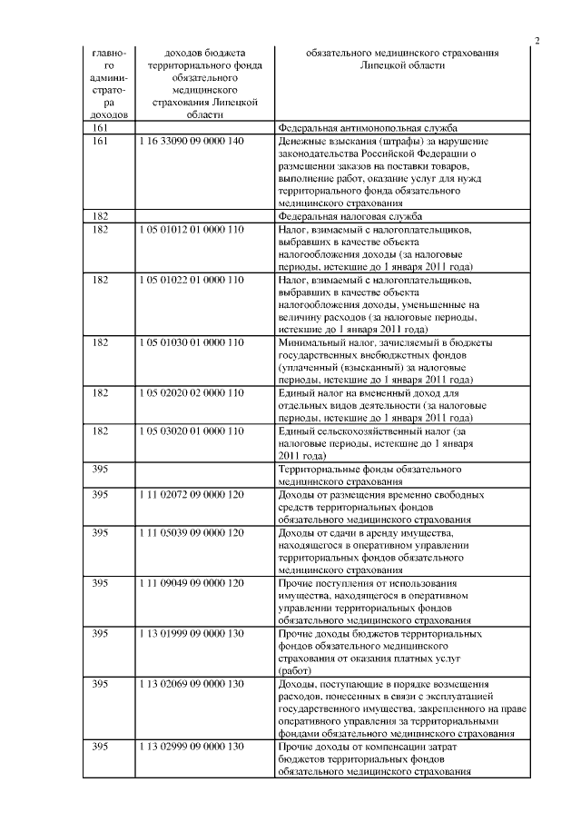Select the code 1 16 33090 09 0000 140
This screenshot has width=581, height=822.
[192, 142]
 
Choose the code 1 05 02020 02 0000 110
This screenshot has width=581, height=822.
[192, 392]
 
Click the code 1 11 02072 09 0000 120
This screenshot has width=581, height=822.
[192, 494]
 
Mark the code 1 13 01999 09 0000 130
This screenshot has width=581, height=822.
[192, 632]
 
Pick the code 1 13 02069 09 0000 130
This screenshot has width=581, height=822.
[192, 682]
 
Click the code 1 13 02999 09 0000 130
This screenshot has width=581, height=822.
[192, 746]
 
